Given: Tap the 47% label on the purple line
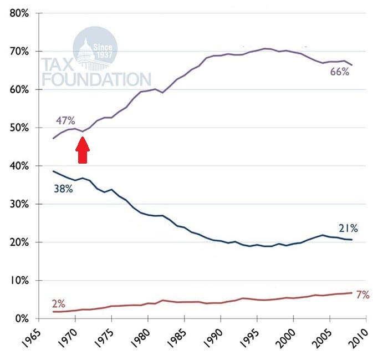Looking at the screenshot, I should (x=65, y=120).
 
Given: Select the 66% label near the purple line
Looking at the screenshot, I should (x=339, y=72).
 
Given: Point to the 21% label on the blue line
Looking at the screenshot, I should (x=348, y=228).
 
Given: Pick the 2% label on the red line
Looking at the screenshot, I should (x=58, y=304).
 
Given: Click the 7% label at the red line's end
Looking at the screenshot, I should (x=363, y=295).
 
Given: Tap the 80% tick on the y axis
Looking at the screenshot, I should (x=19, y=13).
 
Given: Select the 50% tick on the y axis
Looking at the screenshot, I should (x=19, y=128).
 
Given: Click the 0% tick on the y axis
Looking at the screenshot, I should (x=22, y=319).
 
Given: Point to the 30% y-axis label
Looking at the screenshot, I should (x=19, y=204).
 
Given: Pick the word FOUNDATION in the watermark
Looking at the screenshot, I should (x=96, y=78).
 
